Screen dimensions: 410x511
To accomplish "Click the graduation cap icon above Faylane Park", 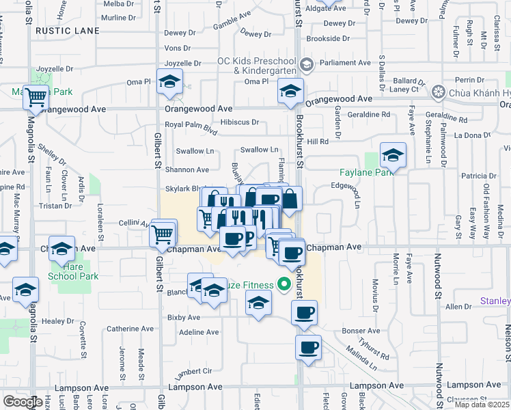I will click(x=393, y=156).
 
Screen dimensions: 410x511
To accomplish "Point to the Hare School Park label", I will click(x=73, y=271).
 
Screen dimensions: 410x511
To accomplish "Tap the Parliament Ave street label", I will click(x=346, y=63).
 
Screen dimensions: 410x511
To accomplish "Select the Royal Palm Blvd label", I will click(x=191, y=125).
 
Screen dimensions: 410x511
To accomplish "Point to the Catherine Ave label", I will click(x=133, y=329).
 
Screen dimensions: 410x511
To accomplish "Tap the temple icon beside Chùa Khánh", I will click(x=439, y=92).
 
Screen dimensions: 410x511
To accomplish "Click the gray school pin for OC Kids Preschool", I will click(x=306, y=65).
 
